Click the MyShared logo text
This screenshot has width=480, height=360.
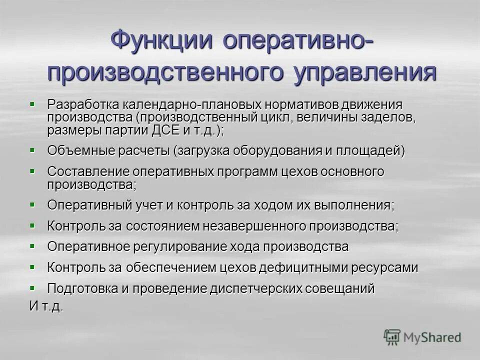click(432, 337)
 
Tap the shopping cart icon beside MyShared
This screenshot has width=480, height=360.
click(392, 337)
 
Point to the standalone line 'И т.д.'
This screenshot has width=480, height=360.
click(46, 306)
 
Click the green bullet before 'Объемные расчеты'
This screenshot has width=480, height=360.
click(32, 149)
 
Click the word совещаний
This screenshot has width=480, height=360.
click(342, 288)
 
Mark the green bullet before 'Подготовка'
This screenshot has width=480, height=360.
click(32, 287)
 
